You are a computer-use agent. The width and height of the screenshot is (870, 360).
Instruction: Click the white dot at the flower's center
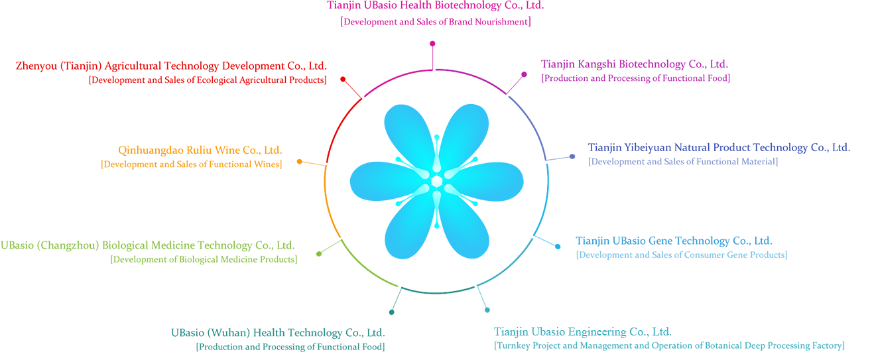pyautogui.click(x=436, y=181)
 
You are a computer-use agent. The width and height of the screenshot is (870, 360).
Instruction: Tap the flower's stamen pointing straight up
pyautogui.click(x=436, y=143)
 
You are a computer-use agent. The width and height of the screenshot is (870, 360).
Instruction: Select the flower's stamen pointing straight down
pyautogui.click(x=436, y=219)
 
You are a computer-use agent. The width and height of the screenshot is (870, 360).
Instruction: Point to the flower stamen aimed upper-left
pyautogui.click(x=404, y=161)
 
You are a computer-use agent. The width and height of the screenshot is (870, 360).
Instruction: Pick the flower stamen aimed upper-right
pyautogui.click(x=468, y=161)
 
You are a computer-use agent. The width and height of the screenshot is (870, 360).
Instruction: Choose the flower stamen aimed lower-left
pyautogui.click(x=404, y=200)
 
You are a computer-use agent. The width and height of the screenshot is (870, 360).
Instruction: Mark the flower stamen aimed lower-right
pyautogui.click(x=468, y=200)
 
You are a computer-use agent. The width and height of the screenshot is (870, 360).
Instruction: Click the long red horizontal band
pyautogui.click(x=166, y=72)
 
